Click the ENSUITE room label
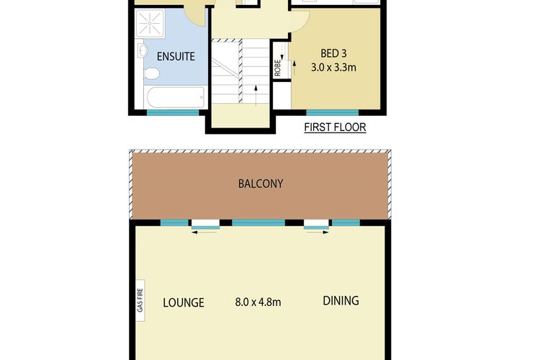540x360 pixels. (176, 55)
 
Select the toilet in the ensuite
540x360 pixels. (152, 73)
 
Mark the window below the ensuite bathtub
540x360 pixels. (173, 112)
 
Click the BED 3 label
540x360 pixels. (335, 52)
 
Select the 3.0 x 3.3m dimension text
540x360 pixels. (335, 67)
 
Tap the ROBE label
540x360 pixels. (277, 67)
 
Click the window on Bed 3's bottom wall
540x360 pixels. (332, 112)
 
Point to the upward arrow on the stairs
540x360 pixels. (256, 91)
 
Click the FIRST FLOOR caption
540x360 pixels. (335, 127)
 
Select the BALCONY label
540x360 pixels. (260, 184)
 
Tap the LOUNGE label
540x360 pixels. (183, 302)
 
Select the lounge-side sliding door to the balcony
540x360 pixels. (205, 225)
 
